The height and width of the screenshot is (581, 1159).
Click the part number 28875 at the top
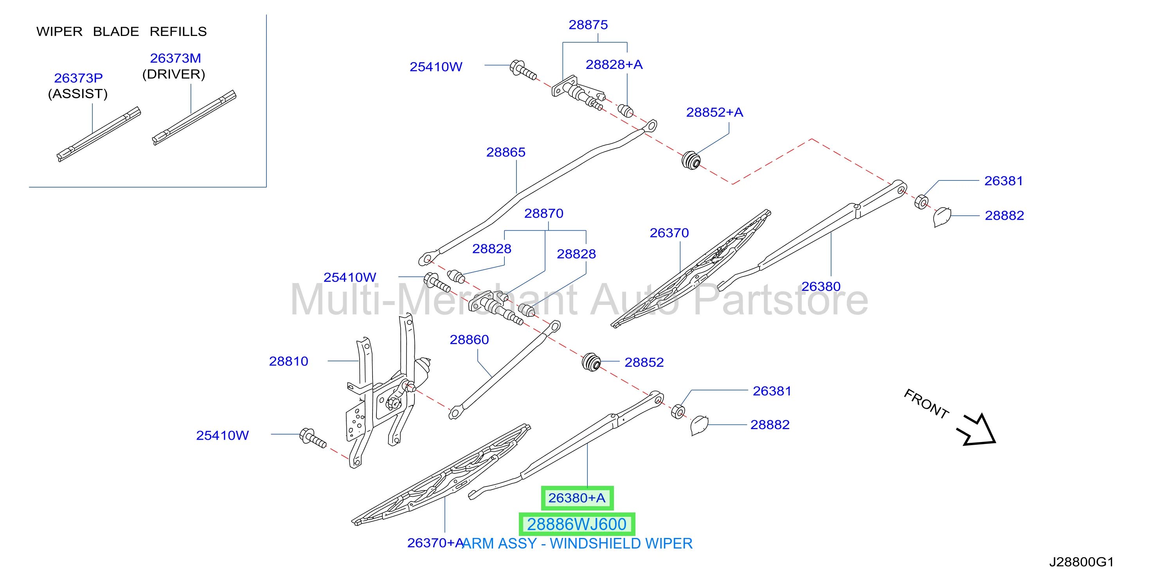pos(588,25)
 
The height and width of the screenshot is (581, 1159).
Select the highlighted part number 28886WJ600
pos(577,524)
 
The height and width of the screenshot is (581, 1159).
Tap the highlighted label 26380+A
pos(577,498)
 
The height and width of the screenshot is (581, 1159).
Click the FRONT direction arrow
pos(975,430)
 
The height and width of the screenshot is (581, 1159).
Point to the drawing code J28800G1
pos(1081,562)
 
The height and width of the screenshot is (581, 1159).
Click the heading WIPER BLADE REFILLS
pos(121,31)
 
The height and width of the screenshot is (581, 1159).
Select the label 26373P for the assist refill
pos(78,78)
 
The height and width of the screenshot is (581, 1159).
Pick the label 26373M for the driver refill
pos(175,58)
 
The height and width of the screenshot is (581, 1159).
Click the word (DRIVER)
pos(174,74)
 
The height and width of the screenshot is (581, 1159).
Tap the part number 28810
pos(288,361)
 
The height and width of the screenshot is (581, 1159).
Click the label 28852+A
pos(714,112)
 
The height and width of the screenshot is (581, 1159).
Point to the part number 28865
pos(506,152)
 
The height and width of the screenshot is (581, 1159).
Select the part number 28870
pos(544,213)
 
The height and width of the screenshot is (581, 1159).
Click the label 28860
pos(469,339)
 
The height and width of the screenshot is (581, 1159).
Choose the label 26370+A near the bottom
pos(436,543)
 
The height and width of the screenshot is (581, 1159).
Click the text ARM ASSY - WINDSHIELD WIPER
pos(577,544)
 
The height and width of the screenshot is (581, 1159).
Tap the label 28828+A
pos(614,64)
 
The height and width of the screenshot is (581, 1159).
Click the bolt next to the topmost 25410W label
pos(523,70)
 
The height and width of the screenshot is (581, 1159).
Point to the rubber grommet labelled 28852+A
pos(691,160)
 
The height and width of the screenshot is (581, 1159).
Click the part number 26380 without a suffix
pos(821,286)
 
